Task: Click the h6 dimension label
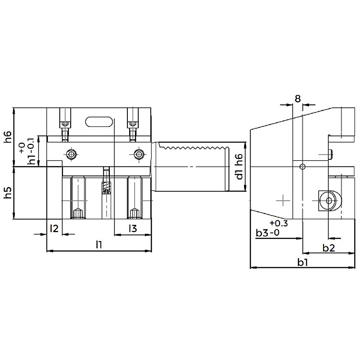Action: pyautogui.click(x=8, y=137)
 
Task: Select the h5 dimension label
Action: pyautogui.click(x=8, y=193)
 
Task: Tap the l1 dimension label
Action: pyautogui.click(x=99, y=244)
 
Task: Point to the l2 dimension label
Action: pyautogui.click(x=54, y=228)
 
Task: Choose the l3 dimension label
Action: pyautogui.click(x=133, y=228)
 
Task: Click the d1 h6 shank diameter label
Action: pyautogui.click(x=239, y=166)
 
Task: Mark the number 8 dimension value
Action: pyautogui.click(x=297, y=99)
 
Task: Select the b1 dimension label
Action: pyautogui.click(x=302, y=262)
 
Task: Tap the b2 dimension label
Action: pyautogui.click(x=329, y=248)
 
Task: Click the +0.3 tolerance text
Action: pyautogui.click(x=279, y=223)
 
